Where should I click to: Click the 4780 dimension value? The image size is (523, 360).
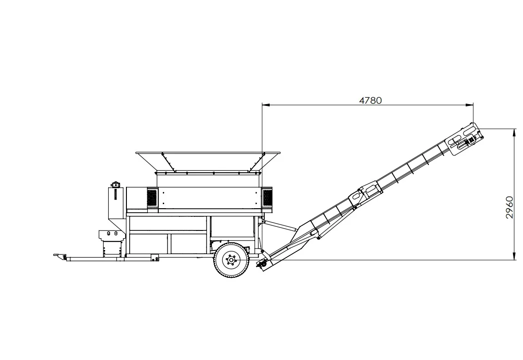point(370,100)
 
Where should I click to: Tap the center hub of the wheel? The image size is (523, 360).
point(231,261)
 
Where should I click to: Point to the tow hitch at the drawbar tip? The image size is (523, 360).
point(57,256)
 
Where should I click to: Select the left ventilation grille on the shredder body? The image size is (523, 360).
point(152,198)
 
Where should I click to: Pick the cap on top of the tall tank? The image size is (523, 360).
point(115,184)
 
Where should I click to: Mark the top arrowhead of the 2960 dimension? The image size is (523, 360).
point(514,131)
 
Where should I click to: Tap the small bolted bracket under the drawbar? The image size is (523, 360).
point(155,258)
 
